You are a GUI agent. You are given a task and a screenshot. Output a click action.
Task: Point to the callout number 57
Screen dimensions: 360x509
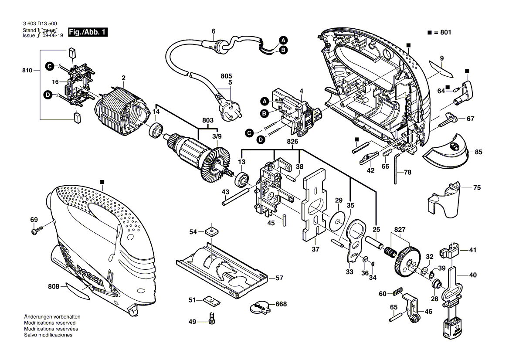coord(279,277)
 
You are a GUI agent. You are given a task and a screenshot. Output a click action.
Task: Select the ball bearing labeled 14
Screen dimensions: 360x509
coord(155,130)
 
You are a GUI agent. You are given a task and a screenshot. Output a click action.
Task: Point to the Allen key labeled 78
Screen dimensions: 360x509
coord(396,168)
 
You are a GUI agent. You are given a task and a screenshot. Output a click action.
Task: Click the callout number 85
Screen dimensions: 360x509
coord(478,152)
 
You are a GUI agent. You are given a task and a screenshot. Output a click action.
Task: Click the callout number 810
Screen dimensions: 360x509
coord(27,70)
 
